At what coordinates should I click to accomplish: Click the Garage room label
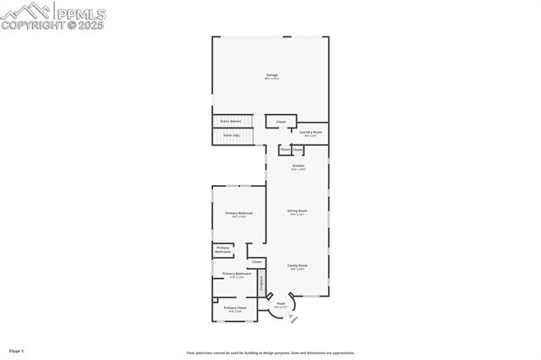272,76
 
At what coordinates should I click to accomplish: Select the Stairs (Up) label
231,134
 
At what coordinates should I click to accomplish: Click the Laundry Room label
310,133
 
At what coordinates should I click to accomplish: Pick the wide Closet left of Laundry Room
281,122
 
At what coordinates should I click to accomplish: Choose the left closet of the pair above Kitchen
285,150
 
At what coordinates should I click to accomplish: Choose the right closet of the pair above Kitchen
298,150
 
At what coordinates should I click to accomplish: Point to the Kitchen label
298,166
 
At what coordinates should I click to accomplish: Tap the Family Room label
297,266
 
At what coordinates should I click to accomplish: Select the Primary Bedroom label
238,214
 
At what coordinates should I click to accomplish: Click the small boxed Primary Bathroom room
223,250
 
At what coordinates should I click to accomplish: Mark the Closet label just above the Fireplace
256,262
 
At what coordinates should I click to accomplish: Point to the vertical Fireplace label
261,283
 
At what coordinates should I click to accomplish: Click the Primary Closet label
235,308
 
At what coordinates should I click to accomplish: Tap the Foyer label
281,303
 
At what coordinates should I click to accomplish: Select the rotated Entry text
293,319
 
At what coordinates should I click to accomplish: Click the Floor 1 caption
16,350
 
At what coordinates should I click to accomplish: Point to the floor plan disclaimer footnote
270,353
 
